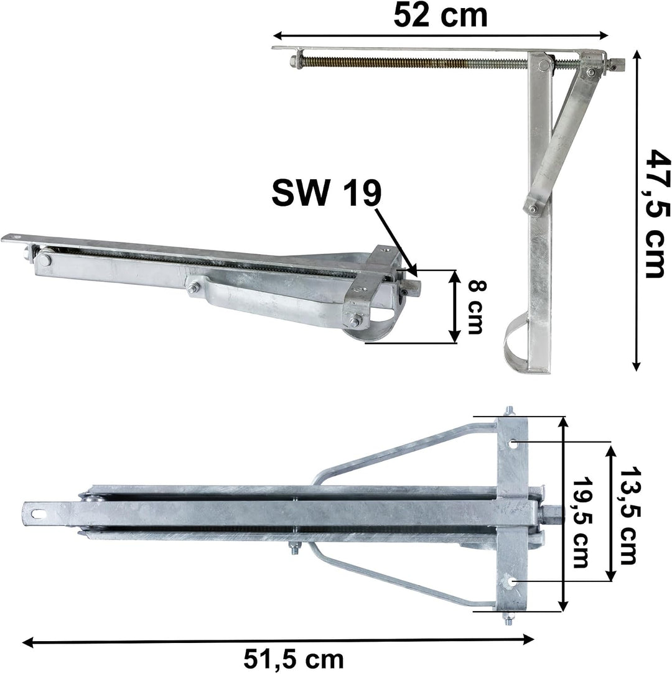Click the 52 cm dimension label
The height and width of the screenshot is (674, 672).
441,16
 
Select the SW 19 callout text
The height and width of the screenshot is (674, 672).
327,193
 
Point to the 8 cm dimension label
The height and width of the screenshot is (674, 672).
475,307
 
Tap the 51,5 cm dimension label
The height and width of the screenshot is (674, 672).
294,659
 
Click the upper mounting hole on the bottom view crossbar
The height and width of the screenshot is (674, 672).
514,443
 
